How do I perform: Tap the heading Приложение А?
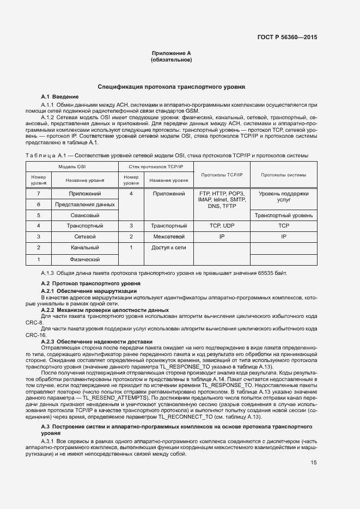click(x=171, y=53)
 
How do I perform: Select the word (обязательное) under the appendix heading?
click(x=171, y=59)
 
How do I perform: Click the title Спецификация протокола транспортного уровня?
click(x=172, y=87)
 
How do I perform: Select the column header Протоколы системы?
click(x=283, y=175)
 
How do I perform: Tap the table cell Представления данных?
click(x=84, y=204)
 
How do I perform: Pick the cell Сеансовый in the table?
click(x=84, y=215)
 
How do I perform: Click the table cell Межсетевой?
click(x=169, y=237)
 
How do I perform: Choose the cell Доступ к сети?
click(x=169, y=248)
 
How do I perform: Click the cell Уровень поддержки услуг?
click(x=283, y=197)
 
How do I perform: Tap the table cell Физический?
click(x=84, y=259)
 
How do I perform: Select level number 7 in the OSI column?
click(x=39, y=193)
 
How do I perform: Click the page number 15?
click(x=314, y=463)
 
